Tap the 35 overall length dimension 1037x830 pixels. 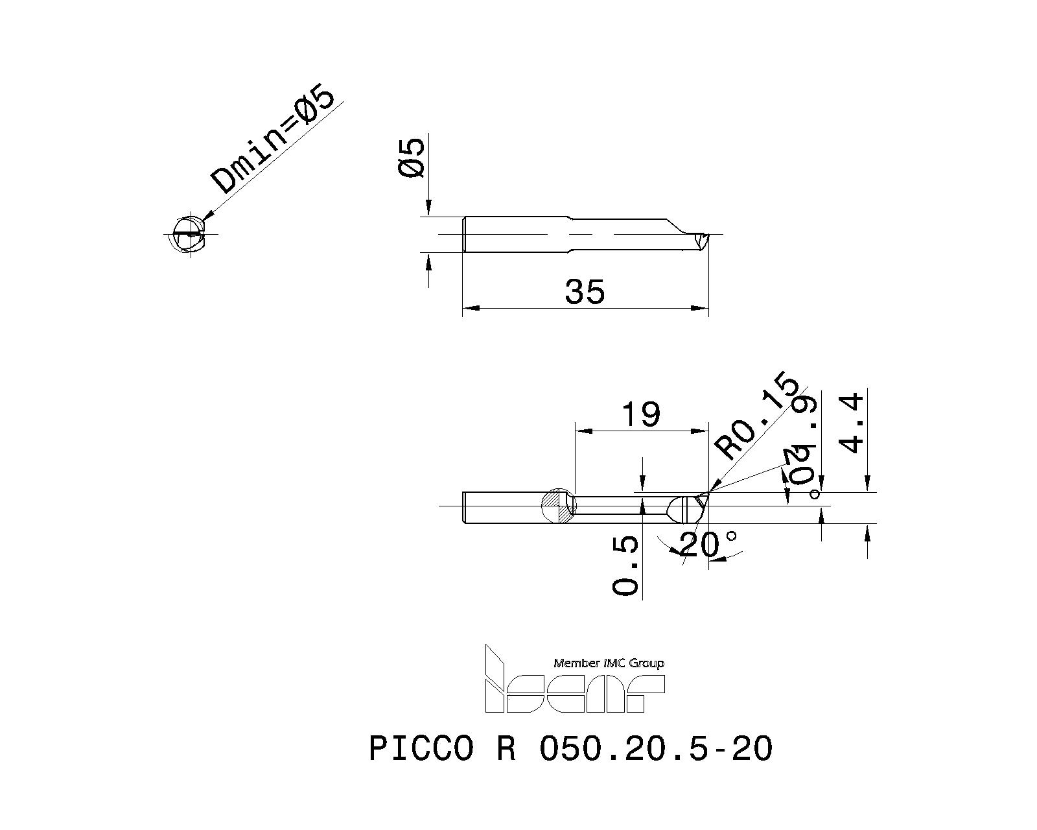coord(585,292)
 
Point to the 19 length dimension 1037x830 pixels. coord(641,415)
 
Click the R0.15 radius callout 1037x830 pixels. coord(755,416)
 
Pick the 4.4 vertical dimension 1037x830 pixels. coord(852,423)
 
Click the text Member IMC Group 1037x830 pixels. coord(609,663)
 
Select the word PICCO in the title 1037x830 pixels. coord(421,749)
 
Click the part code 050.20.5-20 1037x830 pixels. coord(655,749)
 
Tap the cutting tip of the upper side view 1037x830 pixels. coord(703,238)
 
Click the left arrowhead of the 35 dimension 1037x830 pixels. coord(469,308)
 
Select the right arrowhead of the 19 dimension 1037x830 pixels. coord(701,431)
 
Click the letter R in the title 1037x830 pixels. coord(506,749)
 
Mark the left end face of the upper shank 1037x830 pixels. coord(465,234)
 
